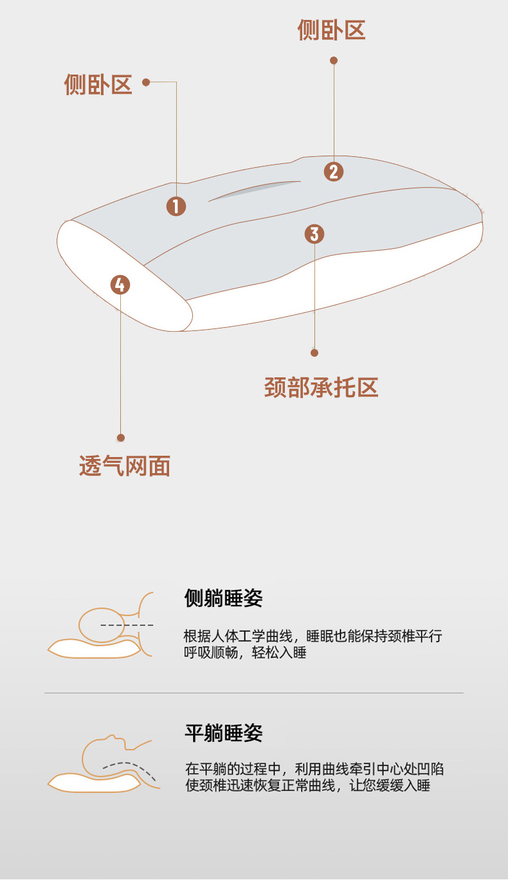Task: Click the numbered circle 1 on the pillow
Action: [176, 206]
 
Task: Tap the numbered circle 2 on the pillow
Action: [334, 172]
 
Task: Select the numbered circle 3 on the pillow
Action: [314, 234]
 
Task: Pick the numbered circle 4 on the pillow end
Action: [120, 285]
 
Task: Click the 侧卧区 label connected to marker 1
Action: [98, 84]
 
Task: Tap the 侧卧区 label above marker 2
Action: [332, 30]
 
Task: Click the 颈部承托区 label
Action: [322, 388]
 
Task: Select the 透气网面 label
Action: [125, 466]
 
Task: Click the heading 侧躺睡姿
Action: [224, 598]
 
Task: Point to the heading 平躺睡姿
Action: [224, 733]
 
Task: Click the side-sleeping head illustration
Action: [100, 625]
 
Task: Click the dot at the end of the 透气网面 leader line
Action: [121, 438]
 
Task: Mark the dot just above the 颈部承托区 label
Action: [314, 353]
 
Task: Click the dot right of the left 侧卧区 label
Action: [146, 82]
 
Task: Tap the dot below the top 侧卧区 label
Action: [334, 60]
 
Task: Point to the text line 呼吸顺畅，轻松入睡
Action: [245, 652]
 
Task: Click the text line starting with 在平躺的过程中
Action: [314, 769]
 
